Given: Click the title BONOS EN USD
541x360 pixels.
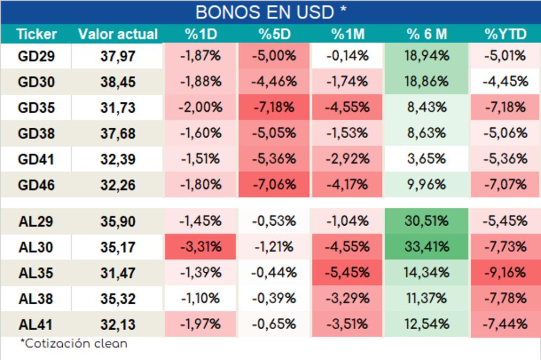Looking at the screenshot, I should click(270, 12).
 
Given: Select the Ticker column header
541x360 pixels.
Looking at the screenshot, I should click(36, 34).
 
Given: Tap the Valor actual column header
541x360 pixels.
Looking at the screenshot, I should click(118, 34).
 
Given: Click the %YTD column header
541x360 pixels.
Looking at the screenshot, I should click(505, 34).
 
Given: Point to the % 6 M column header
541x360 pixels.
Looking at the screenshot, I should click(427, 34).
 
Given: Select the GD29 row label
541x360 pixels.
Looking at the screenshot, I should click(36, 56).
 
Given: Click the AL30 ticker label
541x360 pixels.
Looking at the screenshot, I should click(36, 247).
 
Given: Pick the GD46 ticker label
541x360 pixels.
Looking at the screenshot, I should click(36, 185).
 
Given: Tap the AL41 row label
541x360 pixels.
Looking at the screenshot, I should click(36, 325).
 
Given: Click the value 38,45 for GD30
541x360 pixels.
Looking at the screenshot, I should click(118, 82).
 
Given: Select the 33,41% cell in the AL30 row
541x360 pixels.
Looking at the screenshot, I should click(427, 247).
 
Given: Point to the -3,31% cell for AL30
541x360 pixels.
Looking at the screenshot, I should click(200, 247).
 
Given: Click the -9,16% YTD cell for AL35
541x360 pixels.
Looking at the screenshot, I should click(505, 273).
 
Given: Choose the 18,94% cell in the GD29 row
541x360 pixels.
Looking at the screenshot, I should click(427, 55).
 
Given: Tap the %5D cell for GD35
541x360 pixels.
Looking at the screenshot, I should click(274, 107).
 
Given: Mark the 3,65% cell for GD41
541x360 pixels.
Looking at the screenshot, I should click(427, 159).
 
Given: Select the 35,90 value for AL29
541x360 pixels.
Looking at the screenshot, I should click(118, 221).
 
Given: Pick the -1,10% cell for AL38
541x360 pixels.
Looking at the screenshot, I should click(200, 298).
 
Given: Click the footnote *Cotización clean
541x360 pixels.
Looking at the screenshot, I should click(74, 343).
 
